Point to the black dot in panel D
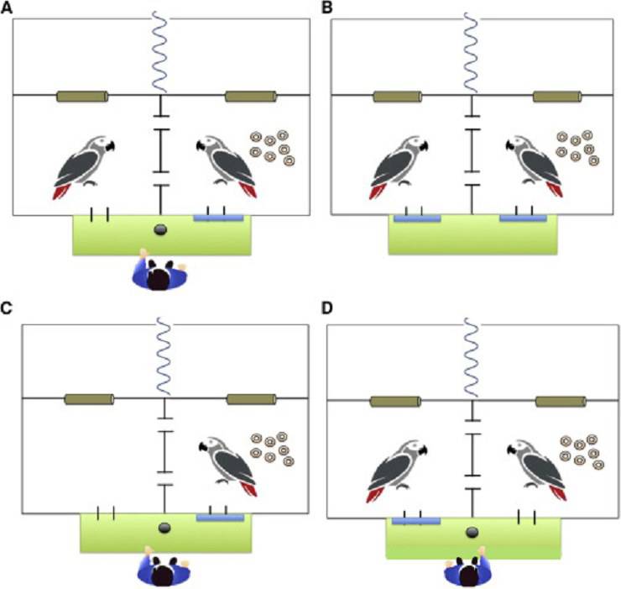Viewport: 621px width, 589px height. pyautogui.click(x=472, y=532)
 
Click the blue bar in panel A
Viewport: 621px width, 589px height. pyautogui.click(x=219, y=217)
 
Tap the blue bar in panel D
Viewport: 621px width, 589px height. pyautogui.click(x=416, y=521)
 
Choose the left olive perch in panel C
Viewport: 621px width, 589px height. pyautogui.click(x=89, y=398)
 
